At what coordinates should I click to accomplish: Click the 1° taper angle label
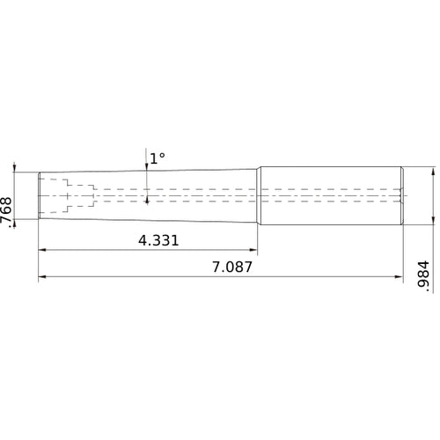pyautogui.click(x=157, y=158)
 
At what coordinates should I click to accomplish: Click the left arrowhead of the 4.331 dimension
pyautogui.click(x=42, y=251)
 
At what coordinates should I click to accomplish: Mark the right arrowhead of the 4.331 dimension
pyautogui.click(x=254, y=251)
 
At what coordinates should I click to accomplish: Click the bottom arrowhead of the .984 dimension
pyautogui.click(x=432, y=220)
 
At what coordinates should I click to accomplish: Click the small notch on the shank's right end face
pyautogui.click(x=402, y=194)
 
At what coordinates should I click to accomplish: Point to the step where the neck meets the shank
pyautogui.click(x=259, y=194)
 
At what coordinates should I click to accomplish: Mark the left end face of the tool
pyautogui.click(x=39, y=194)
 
